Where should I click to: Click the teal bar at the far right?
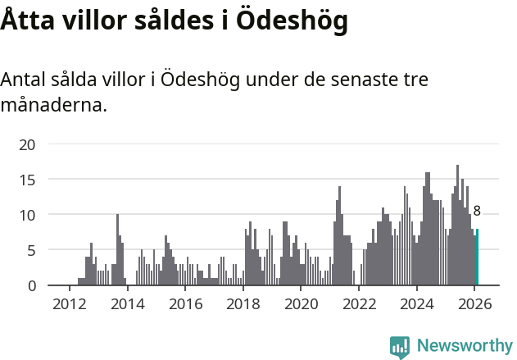pos(477,257)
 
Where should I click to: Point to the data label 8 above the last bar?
pos(477,211)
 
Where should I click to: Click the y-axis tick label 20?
pos(28,144)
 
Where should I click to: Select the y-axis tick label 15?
pos(28,180)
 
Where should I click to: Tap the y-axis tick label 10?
pos(28,215)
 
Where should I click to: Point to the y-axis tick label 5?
pos(31,250)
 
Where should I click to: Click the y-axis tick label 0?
pos(31,285)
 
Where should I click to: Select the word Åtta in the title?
pos(27,21)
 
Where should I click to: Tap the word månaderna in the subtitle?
pos(54,105)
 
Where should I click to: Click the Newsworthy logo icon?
pos(400,347)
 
